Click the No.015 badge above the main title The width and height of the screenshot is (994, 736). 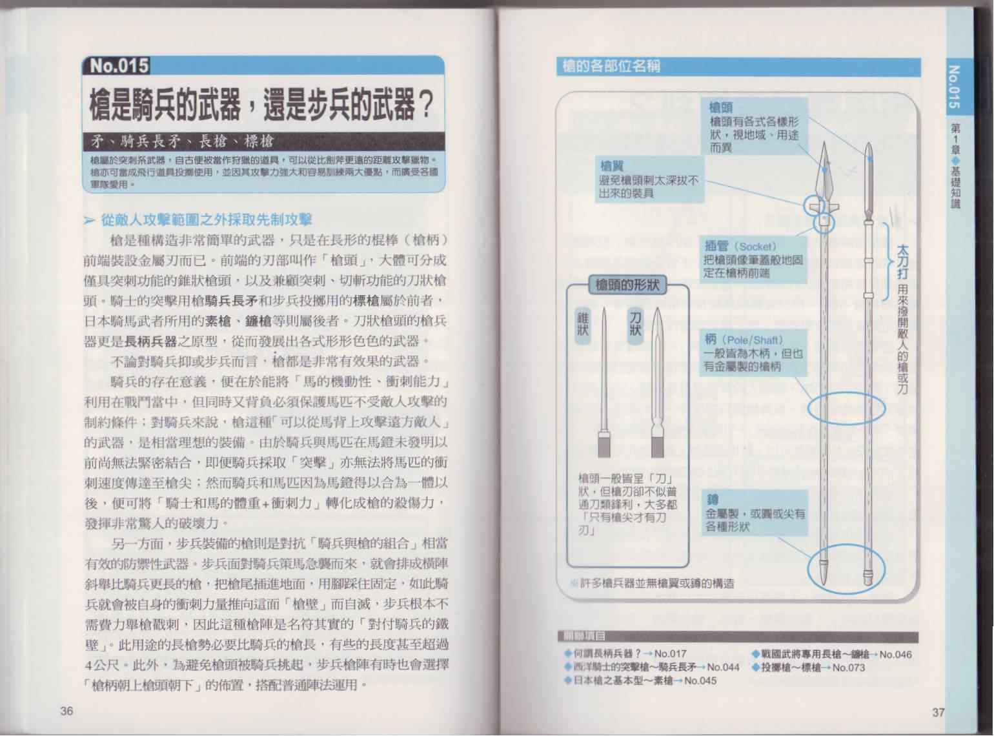click(118, 65)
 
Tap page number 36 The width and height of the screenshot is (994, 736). click(66, 711)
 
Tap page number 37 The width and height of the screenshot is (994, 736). click(938, 712)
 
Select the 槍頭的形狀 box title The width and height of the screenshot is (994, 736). click(627, 285)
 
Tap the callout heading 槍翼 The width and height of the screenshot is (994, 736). click(612, 167)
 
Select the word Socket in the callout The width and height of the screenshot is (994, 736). click(757, 247)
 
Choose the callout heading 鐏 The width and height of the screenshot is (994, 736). click(713, 500)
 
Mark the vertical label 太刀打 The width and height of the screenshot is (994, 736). click(902, 261)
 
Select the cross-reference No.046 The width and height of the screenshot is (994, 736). click(895, 655)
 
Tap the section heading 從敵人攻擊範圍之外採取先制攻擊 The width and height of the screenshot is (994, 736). click(207, 220)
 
